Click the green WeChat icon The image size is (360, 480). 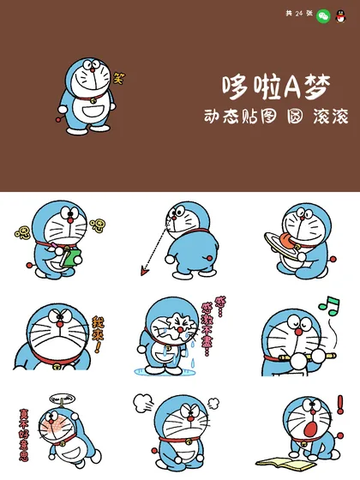point(323,15)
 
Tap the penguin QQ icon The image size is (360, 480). point(344,15)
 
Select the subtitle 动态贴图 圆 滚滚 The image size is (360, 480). point(264,117)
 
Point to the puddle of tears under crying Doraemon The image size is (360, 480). point(166,371)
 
